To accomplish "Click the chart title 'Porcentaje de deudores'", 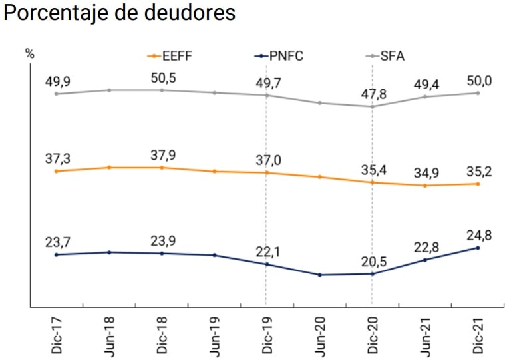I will click(x=120, y=13).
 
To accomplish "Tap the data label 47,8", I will click(x=373, y=93).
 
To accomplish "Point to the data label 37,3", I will click(x=57, y=158).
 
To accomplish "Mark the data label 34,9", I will click(x=425, y=173).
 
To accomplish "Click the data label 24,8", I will click(x=478, y=234).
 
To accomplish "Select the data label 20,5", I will click(x=373, y=260).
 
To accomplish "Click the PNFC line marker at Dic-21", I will click(x=478, y=248).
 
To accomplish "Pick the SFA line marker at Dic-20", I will click(x=373, y=106).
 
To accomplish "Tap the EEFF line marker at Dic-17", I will click(x=57, y=171).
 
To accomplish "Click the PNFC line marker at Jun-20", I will click(x=320, y=275).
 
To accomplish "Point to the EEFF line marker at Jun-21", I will click(x=425, y=185).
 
